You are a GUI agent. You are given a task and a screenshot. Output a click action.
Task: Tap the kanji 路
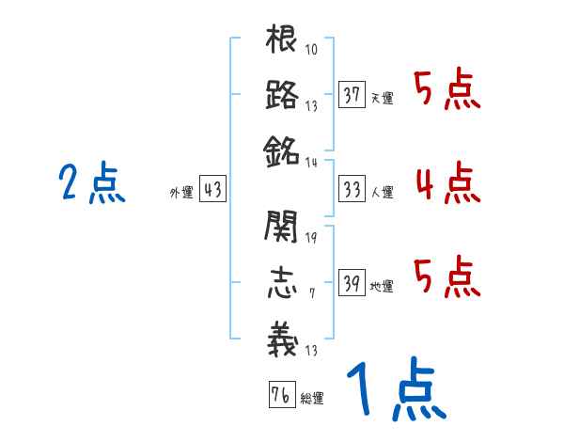pos(282,95)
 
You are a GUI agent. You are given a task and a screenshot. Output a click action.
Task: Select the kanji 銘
pos(282,150)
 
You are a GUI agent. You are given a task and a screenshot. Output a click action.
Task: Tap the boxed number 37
pos(352,95)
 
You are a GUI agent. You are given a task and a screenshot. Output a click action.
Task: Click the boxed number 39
pos(352,283)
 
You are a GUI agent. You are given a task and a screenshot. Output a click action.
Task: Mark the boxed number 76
pos(280,395)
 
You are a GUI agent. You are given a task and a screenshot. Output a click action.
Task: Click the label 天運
pos(382,99)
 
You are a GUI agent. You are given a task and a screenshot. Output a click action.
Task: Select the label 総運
pos(312,399)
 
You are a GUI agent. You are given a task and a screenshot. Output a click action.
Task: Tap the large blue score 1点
pos(395,390)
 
